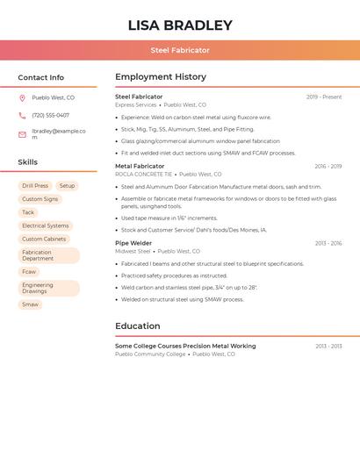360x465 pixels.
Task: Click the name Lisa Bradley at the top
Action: pyautogui.click(x=180, y=25)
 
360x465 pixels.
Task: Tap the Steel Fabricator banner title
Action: pyautogui.click(x=180, y=50)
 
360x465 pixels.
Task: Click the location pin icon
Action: pyautogui.click(x=22, y=98)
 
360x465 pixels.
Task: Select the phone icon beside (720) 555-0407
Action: pyautogui.click(x=22, y=115)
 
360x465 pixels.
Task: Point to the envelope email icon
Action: pyautogui.click(x=22, y=134)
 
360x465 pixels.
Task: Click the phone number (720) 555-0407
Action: pyautogui.click(x=50, y=115)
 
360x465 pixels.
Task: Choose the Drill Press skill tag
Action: pyautogui.click(x=35, y=186)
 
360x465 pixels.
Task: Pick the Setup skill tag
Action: pyautogui.click(x=67, y=186)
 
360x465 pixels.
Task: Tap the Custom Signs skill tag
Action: pyautogui.click(x=40, y=199)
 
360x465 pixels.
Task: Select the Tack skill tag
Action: pyautogui.click(x=28, y=212)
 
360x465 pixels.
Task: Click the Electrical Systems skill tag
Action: pyautogui.click(x=46, y=225)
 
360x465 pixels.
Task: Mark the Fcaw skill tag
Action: pyautogui.click(x=29, y=272)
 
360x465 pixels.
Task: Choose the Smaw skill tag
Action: pyautogui.click(x=30, y=304)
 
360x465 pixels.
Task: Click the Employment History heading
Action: pyautogui.click(x=161, y=77)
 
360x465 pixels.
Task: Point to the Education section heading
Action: pyautogui.click(x=137, y=326)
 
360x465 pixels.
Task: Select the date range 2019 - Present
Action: pyautogui.click(x=324, y=97)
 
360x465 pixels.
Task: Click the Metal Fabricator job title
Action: pyautogui.click(x=140, y=166)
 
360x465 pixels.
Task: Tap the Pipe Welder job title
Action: pyautogui.click(x=133, y=243)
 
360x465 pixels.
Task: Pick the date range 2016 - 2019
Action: pyautogui.click(x=328, y=166)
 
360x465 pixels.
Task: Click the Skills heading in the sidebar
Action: pyautogui.click(x=27, y=162)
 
